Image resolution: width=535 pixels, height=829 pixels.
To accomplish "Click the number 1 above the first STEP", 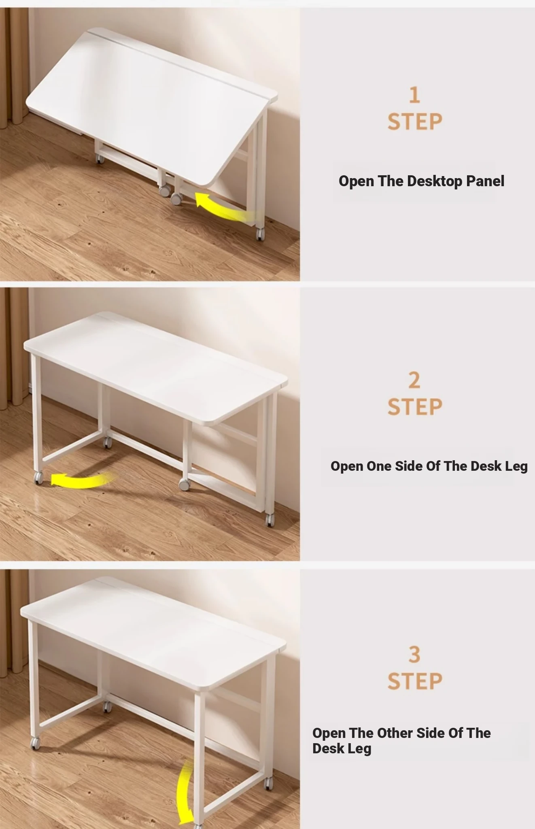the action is (x=414, y=95).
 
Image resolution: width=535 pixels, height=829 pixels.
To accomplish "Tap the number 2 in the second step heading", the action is (x=414, y=380).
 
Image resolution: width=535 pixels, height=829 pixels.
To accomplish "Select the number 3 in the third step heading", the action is (x=414, y=655).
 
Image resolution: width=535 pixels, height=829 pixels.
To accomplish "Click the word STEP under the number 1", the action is (x=415, y=121).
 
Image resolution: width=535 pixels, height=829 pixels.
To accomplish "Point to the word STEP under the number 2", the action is (x=415, y=406).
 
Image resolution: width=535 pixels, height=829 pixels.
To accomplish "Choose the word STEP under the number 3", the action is (x=415, y=681).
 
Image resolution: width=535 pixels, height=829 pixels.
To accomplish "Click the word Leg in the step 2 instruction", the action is (x=516, y=467).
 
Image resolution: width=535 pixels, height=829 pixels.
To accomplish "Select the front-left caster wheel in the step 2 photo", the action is (x=38, y=478).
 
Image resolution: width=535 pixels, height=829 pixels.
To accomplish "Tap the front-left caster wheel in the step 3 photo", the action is (x=36, y=742).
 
